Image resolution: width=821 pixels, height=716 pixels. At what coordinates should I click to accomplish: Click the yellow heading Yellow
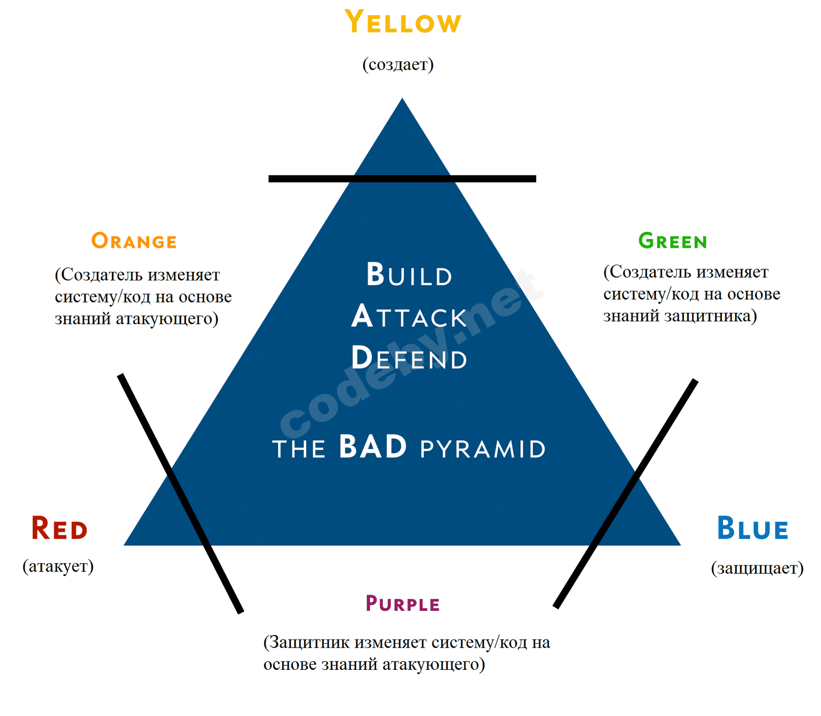tap(403, 23)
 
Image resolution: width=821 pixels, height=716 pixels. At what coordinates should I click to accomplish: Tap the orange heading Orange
tap(134, 241)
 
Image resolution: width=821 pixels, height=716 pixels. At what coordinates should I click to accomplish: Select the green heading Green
tap(673, 241)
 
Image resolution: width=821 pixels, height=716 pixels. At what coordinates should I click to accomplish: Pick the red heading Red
tap(60, 529)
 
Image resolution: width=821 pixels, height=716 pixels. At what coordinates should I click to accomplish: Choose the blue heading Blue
tap(752, 529)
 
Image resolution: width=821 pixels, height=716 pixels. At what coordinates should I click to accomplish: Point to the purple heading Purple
tap(403, 604)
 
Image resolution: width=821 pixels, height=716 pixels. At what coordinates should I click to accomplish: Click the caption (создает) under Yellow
tap(398, 65)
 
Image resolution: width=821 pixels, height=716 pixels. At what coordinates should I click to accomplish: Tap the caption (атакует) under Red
tap(58, 566)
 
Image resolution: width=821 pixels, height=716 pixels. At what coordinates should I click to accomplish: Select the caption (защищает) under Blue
tap(757, 568)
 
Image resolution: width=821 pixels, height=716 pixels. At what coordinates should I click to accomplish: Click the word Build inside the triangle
tap(409, 275)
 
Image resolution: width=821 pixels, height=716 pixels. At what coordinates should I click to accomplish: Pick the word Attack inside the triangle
tap(409, 316)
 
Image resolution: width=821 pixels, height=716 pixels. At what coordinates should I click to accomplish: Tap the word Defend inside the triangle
tap(409, 358)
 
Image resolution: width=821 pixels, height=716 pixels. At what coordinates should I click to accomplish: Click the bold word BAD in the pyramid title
tap(373, 447)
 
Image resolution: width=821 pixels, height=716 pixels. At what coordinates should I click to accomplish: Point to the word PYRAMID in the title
tap(483, 449)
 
